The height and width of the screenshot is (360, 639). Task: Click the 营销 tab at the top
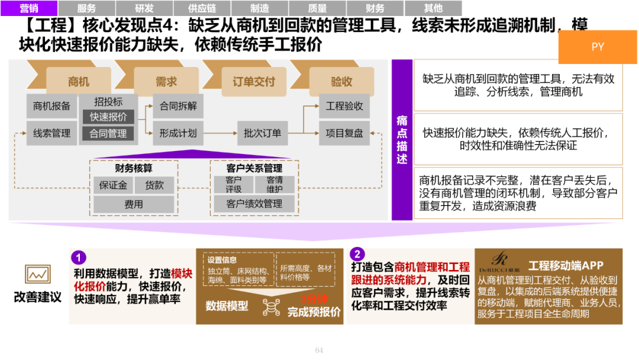pyautogui.click(x=29, y=8)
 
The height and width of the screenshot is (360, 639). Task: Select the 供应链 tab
pyautogui.click(x=202, y=8)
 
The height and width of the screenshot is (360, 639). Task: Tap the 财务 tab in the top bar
pyautogui.click(x=375, y=8)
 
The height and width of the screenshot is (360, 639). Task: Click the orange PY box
pyautogui.click(x=598, y=47)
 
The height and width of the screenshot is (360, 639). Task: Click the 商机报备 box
pyautogui.click(x=51, y=106)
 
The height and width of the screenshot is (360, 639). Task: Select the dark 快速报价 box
pyautogui.click(x=108, y=117)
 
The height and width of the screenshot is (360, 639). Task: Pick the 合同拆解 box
pyautogui.click(x=178, y=106)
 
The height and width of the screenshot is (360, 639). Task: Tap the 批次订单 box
pyautogui.click(x=262, y=133)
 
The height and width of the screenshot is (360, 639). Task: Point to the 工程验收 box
pyautogui.click(x=344, y=106)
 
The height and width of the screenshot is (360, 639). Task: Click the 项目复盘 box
pyautogui.click(x=344, y=133)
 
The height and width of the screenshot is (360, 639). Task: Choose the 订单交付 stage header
pyautogui.click(x=253, y=82)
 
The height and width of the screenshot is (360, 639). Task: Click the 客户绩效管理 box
pyautogui.click(x=254, y=204)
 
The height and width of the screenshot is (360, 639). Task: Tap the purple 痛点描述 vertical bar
pyautogui.click(x=402, y=140)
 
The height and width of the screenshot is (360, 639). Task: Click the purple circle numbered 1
pyautogui.click(x=79, y=258)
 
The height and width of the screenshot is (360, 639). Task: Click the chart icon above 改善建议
pyautogui.click(x=37, y=274)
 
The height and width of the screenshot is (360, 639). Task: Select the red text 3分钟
pyautogui.click(x=314, y=299)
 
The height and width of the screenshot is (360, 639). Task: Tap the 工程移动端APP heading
pyautogui.click(x=565, y=266)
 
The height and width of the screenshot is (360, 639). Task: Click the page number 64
pyautogui.click(x=319, y=351)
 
